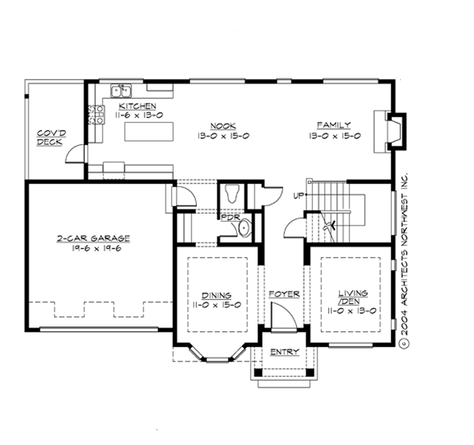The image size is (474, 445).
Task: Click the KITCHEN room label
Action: coord(138,105)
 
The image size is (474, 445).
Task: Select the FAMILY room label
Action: coord(334,125)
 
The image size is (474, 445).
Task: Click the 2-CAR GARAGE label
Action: coord(93,238)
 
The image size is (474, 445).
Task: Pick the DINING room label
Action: coord(217,296)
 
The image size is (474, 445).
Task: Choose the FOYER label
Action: coord(284,294)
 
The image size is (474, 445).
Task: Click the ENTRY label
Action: coord(284,351)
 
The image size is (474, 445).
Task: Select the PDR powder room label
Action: coord(230,217)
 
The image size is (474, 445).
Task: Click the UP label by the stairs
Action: coord(298,196)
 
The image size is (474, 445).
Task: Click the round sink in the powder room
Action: coord(244,228)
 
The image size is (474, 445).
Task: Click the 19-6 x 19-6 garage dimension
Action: coord(93,249)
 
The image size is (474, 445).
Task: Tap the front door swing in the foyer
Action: coord(280,318)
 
